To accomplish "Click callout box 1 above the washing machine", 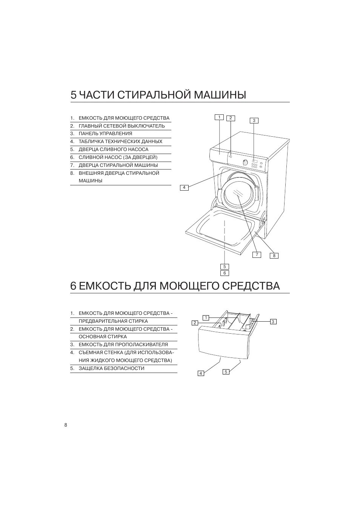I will (219, 117).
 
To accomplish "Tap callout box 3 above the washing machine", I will (254, 120).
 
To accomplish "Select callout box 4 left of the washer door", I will (184, 187).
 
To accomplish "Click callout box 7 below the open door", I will (257, 254).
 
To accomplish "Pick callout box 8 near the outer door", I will (274, 256).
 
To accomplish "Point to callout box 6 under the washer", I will (225, 273).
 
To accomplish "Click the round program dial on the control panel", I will (245, 163).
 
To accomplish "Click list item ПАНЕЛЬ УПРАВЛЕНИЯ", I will (105, 134).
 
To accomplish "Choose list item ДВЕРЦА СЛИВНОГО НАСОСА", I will (114, 149).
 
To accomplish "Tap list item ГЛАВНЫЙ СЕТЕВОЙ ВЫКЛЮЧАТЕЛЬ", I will (122, 126).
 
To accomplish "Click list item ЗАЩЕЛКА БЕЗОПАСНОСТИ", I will (111, 368).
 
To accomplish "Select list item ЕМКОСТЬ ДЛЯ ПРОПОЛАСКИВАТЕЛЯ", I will (123, 345).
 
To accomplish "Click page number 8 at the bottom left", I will (66, 425).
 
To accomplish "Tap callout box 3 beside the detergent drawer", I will (273, 322).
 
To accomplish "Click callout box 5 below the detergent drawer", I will (226, 372).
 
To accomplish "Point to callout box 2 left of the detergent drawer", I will (195, 323).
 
